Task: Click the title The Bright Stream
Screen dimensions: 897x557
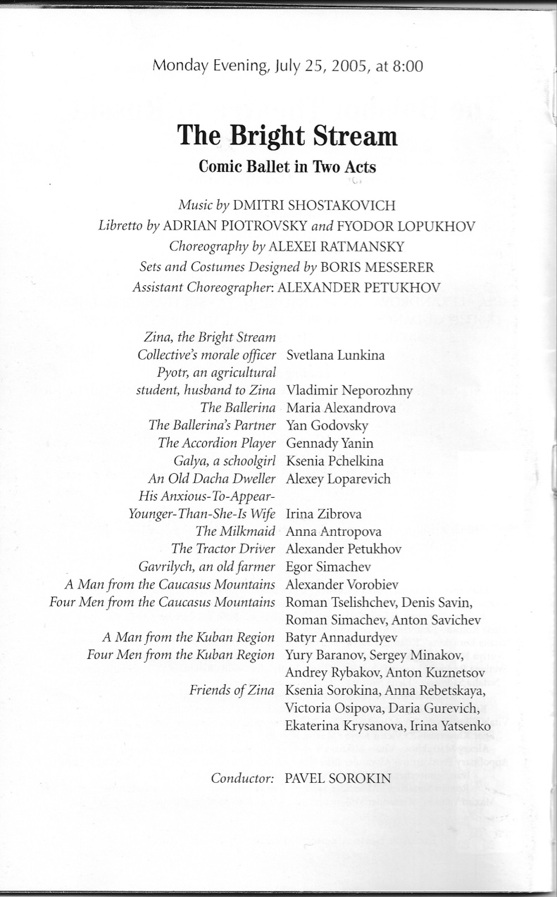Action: coord(287,134)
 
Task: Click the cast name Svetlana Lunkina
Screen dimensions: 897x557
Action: coord(335,355)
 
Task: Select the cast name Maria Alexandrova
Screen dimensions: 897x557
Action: coord(341,408)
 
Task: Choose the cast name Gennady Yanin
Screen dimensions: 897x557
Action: coord(330,443)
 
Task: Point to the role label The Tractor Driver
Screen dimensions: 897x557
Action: coord(223,548)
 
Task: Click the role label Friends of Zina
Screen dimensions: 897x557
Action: coord(232,690)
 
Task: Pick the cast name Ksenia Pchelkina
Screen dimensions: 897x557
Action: coord(334,460)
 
